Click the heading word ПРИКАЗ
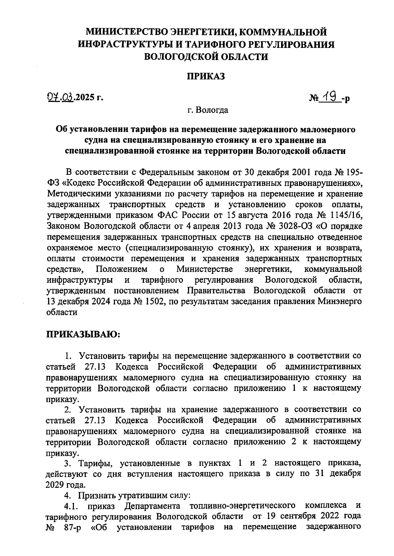point(206,77)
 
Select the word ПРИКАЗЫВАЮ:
point(83,334)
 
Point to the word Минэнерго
point(340,301)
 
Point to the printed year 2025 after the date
point(85,97)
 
